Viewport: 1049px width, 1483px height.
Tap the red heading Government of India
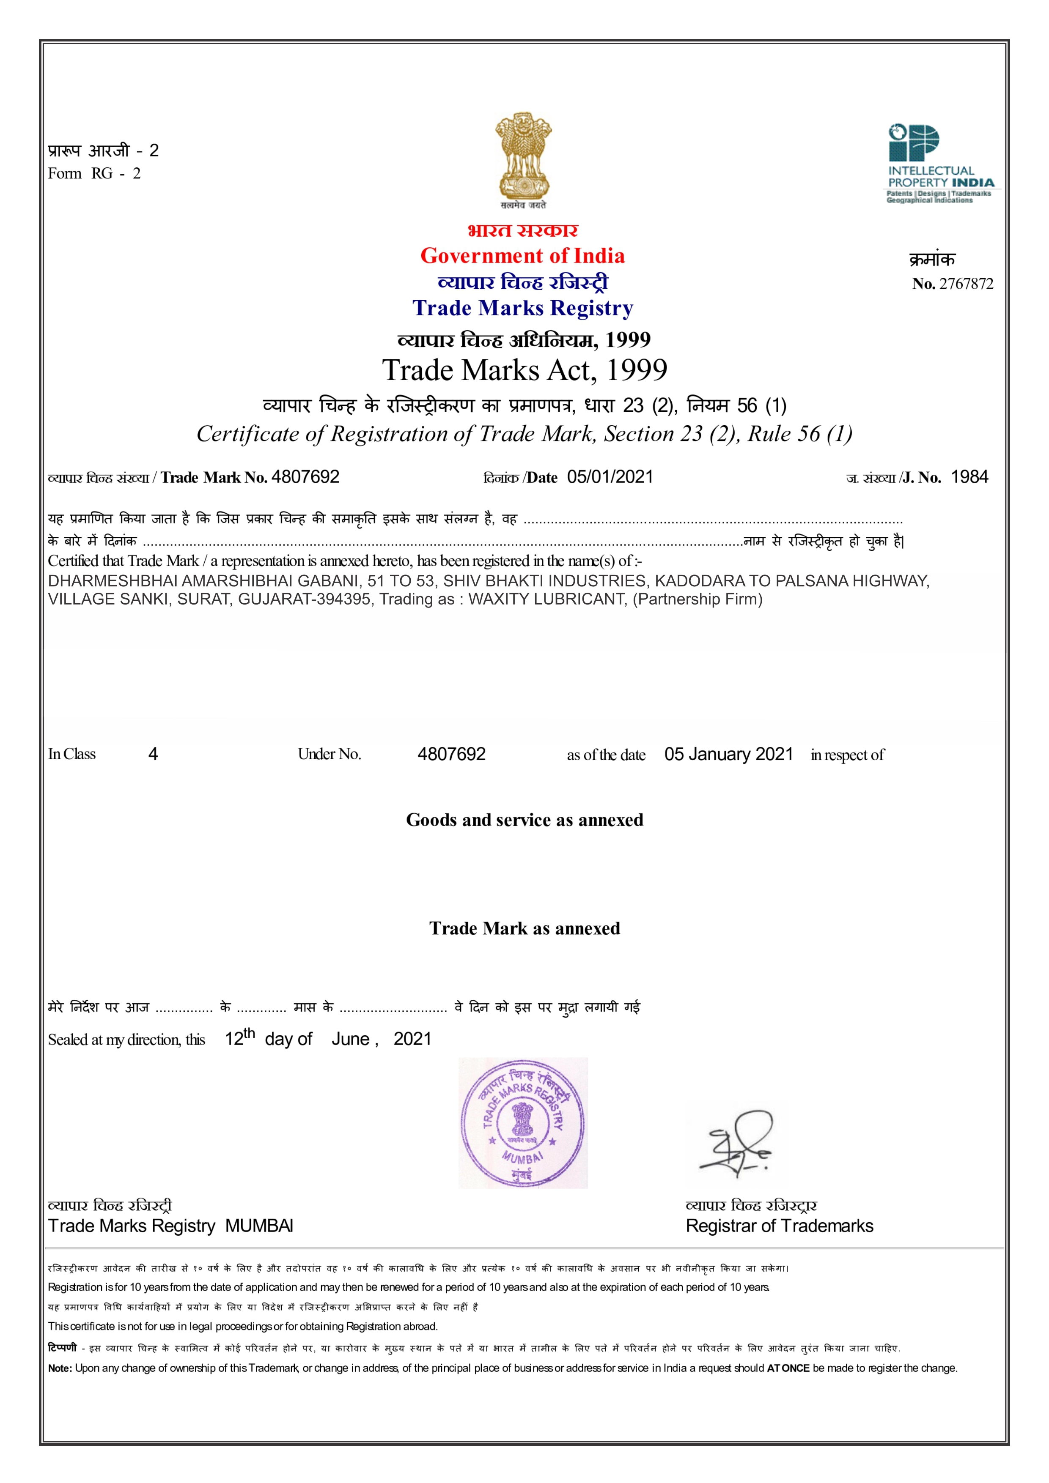522,256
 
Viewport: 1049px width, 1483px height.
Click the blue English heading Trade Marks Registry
522,308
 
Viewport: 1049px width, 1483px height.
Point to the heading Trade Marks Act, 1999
524,370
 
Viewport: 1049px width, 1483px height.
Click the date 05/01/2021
610,477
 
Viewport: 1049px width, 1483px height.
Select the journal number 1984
969,477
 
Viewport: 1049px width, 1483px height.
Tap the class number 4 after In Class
153,755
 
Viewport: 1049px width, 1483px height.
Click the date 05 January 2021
728,755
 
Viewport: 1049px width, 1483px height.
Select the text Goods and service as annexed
524,820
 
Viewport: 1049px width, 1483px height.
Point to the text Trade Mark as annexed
524,929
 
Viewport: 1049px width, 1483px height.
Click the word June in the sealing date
350,1039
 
